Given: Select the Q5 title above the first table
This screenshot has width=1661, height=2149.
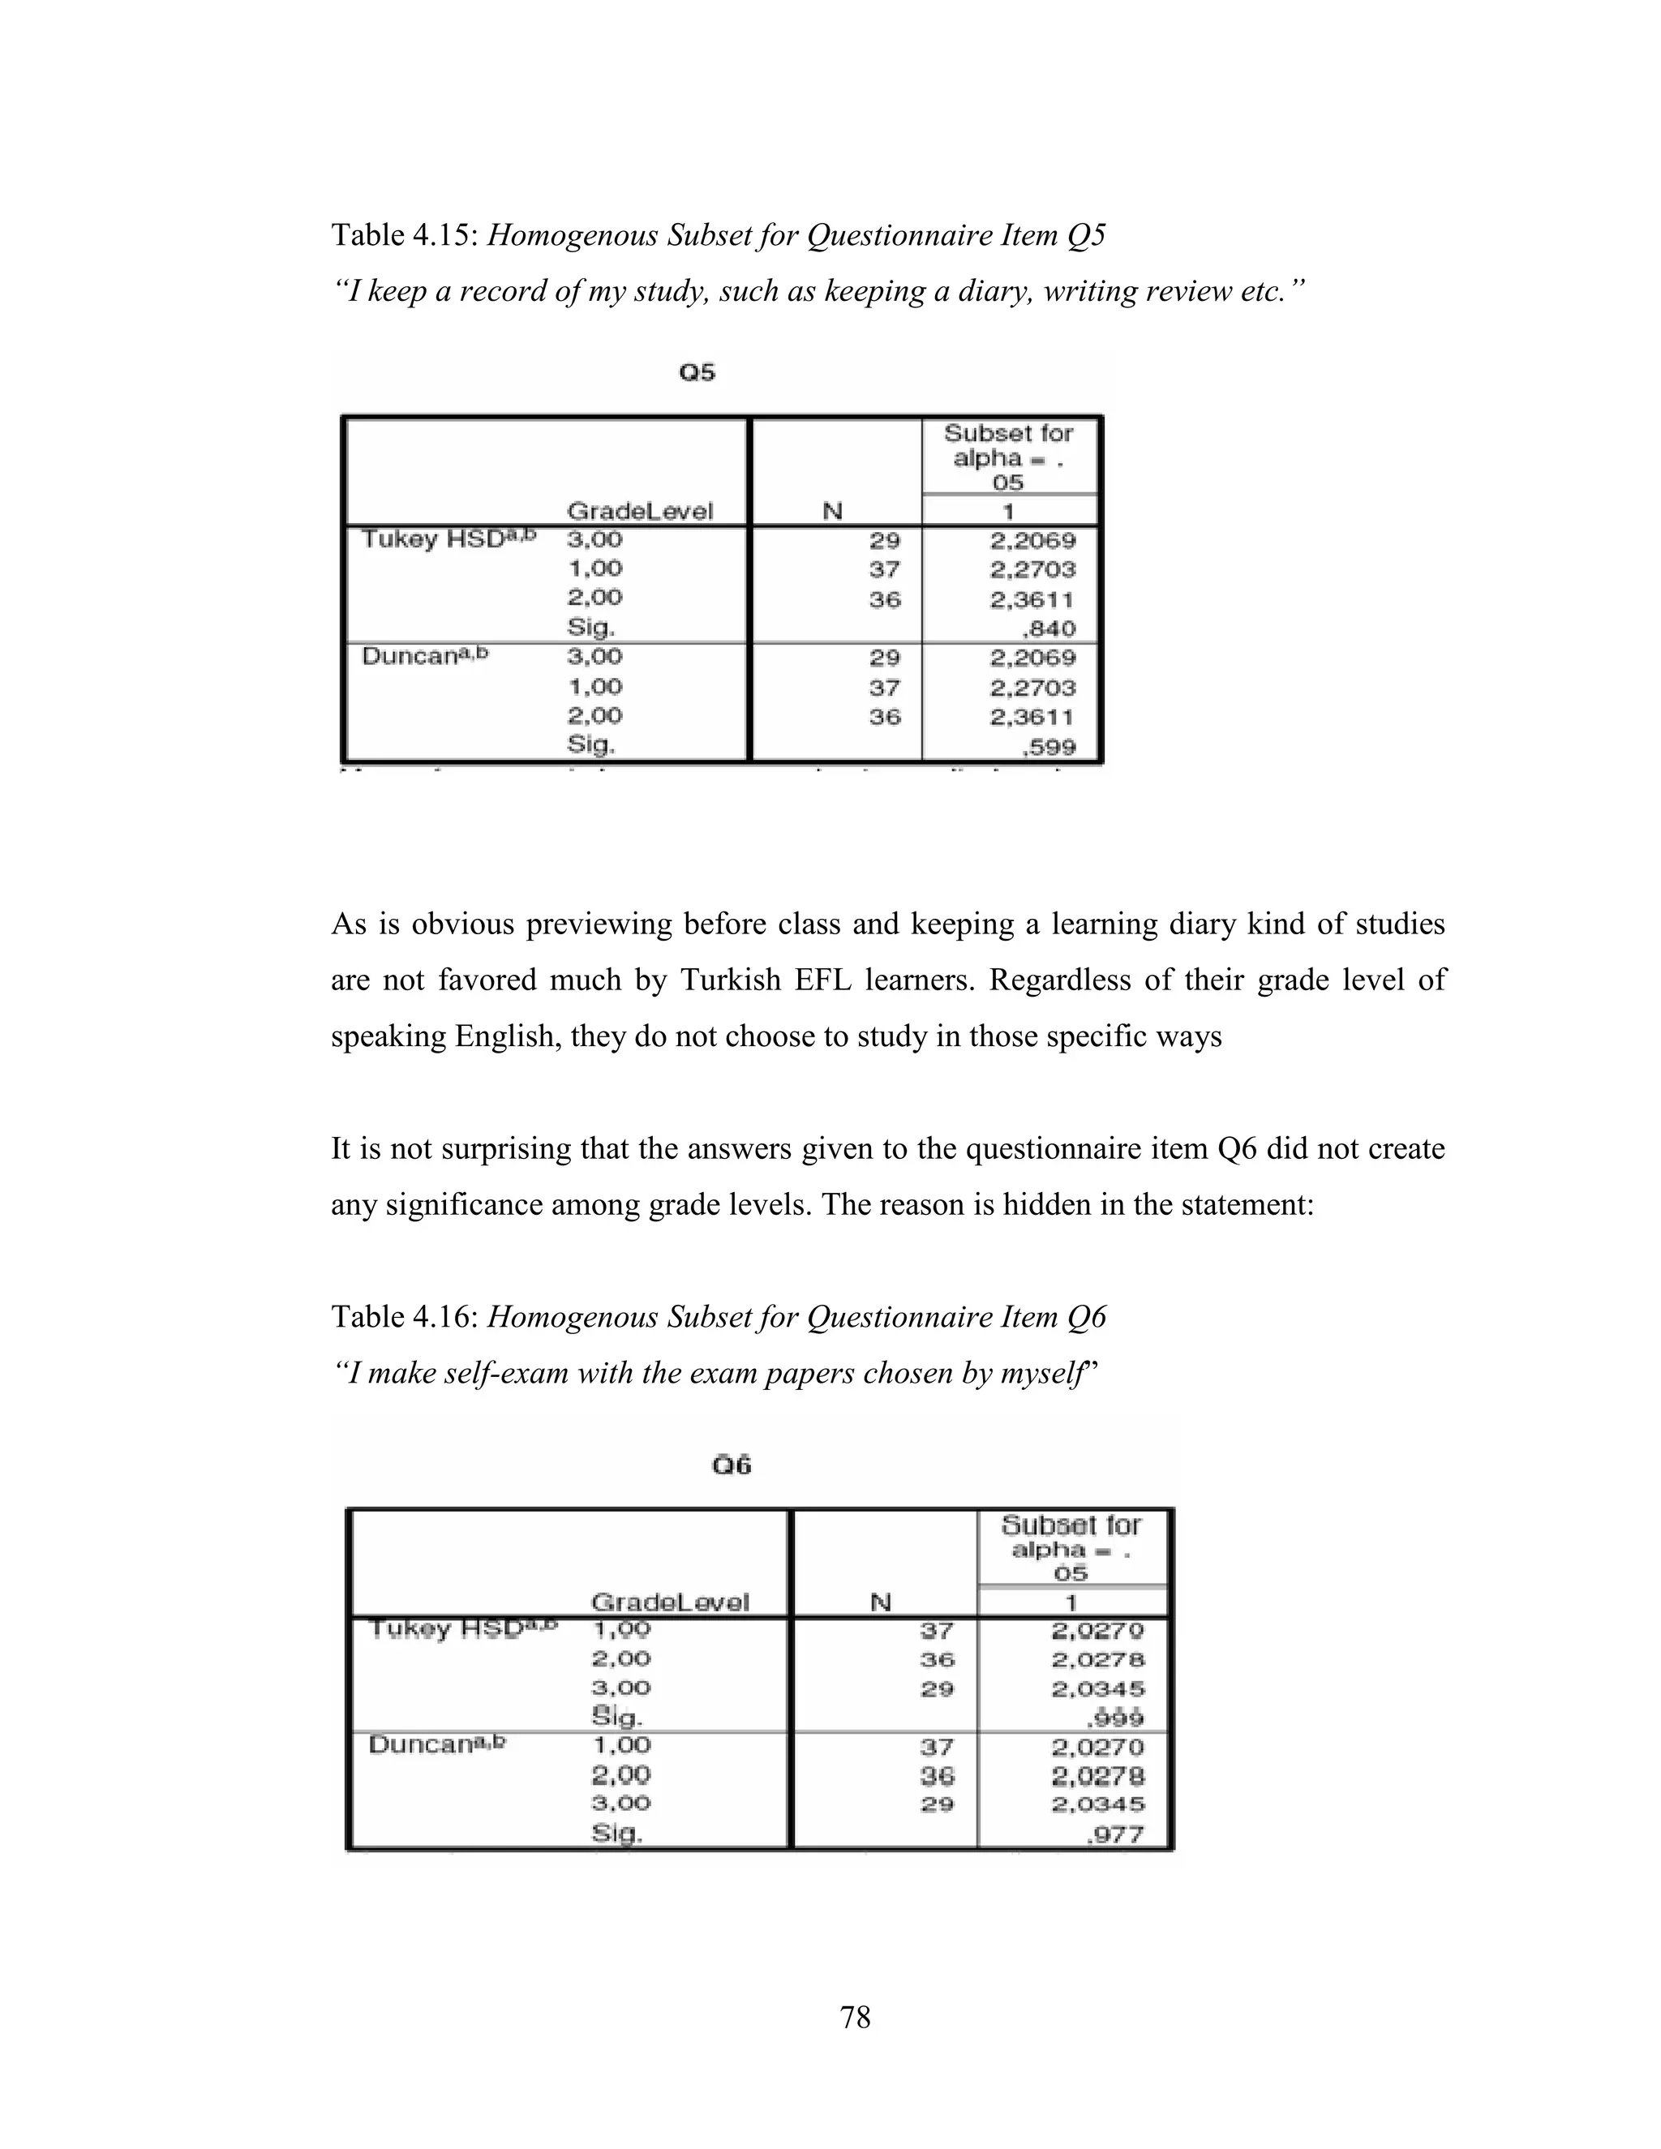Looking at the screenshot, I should point(697,372).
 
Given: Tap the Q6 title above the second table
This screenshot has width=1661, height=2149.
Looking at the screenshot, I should point(731,1465).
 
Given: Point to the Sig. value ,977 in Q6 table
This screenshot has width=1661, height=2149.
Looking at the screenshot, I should point(1116,1834).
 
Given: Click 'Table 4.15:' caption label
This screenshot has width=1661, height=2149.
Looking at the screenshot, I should point(405,235).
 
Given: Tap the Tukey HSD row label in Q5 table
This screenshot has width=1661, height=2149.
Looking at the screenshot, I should point(448,538).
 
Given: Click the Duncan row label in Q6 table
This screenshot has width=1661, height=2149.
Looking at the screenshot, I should point(436,1744).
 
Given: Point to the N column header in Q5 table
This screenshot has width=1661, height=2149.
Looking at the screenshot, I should point(832,511).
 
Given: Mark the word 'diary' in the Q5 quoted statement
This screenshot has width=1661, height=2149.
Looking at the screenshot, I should point(996,291).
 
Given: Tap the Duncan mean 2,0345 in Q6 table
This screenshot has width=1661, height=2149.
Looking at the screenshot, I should point(1098,1804).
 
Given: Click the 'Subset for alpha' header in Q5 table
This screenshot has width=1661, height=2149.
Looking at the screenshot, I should point(1007,457).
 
